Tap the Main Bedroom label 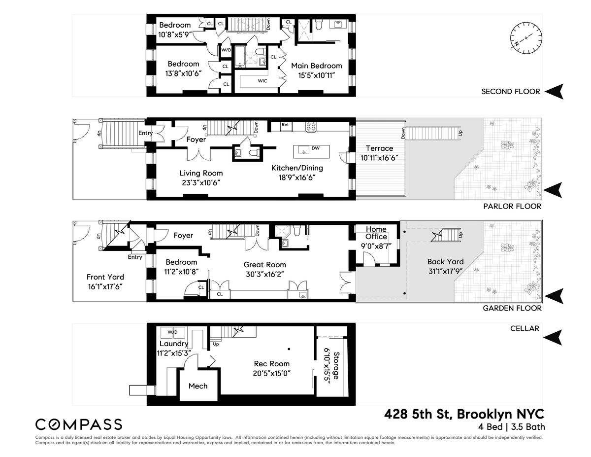tap(316, 66)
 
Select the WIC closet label tap(262, 81)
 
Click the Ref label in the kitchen tap(285, 125)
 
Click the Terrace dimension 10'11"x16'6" tap(379, 158)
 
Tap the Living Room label tap(200, 173)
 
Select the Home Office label tap(376, 233)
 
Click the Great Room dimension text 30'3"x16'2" tap(265, 274)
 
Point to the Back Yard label tap(445, 262)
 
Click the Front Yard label tap(105, 277)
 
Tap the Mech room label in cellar tap(198, 386)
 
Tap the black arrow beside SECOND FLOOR tap(555, 91)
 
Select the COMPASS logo tap(79, 424)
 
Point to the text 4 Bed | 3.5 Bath tap(511, 427)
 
